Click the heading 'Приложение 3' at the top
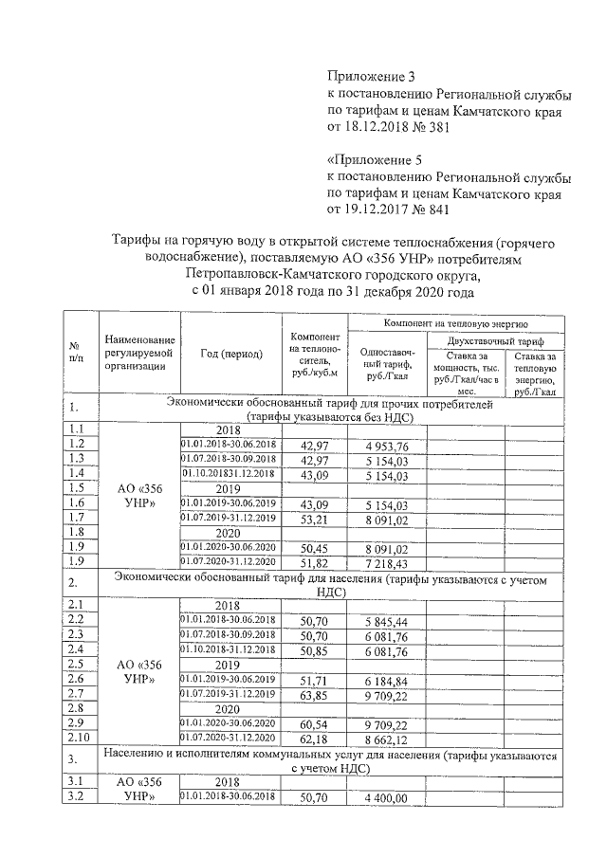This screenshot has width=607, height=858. tap(371, 76)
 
